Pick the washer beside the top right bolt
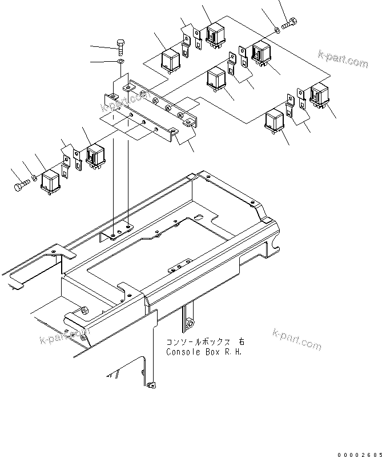click(x=276, y=28)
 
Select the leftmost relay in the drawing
click(x=53, y=181)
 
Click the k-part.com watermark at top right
click(x=343, y=59)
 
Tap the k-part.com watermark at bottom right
click(x=297, y=339)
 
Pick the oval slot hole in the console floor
click(x=197, y=217)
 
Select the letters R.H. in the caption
click(x=234, y=352)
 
